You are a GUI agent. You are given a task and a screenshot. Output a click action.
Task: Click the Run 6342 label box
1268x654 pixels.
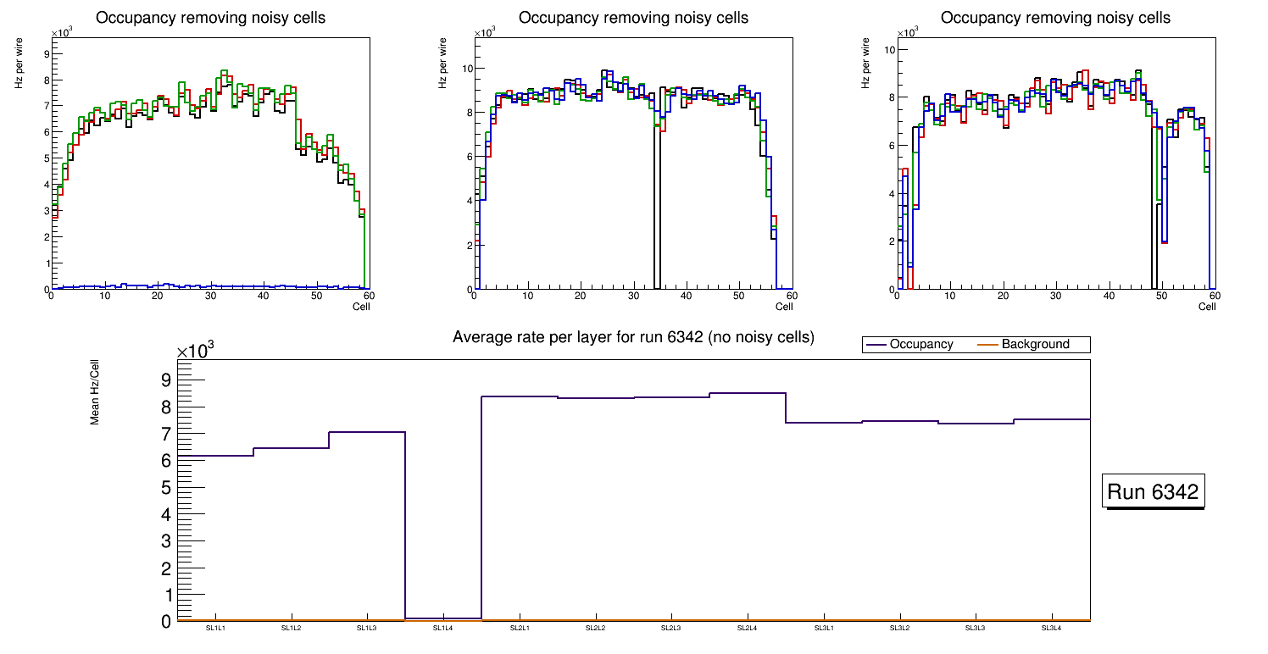tap(1153, 492)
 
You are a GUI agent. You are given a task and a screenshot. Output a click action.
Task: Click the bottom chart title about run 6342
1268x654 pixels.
tap(633, 337)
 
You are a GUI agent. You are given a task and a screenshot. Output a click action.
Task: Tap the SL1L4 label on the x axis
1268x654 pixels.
tap(443, 629)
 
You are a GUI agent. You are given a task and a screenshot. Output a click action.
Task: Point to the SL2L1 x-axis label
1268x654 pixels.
tap(520, 629)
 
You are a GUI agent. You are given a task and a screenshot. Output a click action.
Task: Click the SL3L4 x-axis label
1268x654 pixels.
tap(1052, 629)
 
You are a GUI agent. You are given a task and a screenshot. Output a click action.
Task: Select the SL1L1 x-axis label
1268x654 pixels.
tap(215, 629)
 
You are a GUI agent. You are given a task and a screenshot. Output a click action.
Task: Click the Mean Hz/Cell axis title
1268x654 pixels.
tap(95, 392)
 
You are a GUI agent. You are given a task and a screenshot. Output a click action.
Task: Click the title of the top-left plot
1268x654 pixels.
tap(211, 18)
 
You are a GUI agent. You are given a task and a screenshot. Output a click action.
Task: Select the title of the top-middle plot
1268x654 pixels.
tap(633, 18)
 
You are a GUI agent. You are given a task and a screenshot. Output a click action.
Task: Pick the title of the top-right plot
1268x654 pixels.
tap(1055, 18)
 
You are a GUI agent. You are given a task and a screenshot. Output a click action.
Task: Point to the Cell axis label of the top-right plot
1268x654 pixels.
tap(1207, 307)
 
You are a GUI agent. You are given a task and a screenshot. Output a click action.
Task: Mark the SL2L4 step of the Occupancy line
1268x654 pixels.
tap(748, 393)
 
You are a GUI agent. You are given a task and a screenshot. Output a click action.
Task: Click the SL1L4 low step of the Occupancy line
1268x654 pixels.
tap(443, 618)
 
